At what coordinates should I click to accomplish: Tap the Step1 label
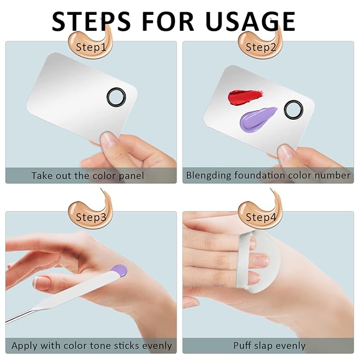point(91,47)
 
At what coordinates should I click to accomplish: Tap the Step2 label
point(261,47)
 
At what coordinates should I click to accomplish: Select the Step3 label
point(91,217)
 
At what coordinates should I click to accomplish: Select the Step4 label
point(261,217)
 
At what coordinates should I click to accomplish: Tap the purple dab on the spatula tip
point(120,270)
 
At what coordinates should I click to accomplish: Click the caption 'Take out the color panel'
point(87,175)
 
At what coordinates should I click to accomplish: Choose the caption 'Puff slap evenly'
point(269,346)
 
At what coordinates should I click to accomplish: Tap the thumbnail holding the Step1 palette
point(110,140)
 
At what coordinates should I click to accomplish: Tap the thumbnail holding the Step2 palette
point(286,153)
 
